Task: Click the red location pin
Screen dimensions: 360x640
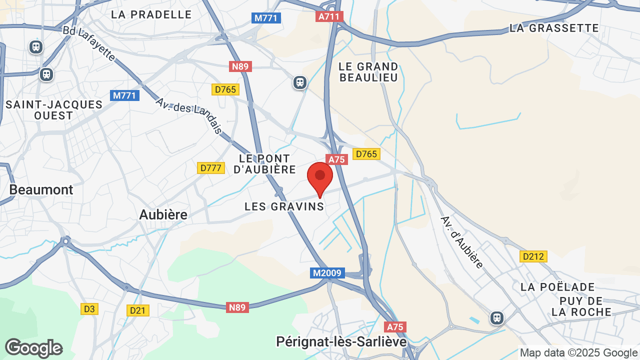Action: (320, 178)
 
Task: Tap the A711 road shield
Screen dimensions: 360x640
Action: (329, 16)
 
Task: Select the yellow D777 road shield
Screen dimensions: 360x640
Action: (210, 168)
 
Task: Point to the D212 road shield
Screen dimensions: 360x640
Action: (533, 256)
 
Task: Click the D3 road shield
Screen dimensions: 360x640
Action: (89, 309)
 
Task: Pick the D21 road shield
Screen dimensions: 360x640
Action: (137, 310)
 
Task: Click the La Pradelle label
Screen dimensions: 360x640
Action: (151, 14)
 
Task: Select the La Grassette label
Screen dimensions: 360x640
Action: (554, 28)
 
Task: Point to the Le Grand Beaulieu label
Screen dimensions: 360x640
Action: (368, 72)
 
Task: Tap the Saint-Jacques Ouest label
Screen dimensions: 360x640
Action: (54, 110)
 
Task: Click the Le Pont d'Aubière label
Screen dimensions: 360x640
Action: (265, 164)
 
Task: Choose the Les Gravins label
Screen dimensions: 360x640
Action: (284, 206)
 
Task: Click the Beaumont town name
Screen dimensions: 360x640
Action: (41, 190)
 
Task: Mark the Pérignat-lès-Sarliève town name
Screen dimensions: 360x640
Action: (341, 341)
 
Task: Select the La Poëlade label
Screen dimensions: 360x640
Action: (557, 287)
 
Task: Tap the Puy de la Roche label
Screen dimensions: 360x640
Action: (581, 306)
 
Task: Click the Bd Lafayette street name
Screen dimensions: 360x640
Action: (89, 44)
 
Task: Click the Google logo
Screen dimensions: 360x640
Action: (33, 348)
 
